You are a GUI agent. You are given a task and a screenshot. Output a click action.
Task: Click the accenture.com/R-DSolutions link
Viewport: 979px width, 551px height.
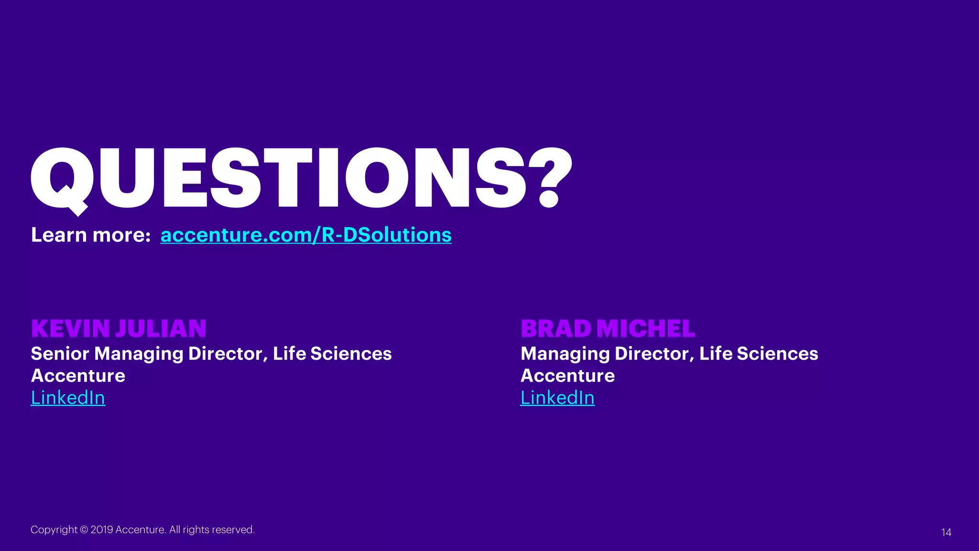click(x=306, y=235)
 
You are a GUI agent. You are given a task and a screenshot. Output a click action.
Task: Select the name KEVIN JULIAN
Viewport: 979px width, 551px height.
click(x=119, y=329)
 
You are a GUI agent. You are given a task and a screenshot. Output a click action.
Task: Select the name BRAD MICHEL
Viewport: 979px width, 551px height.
click(x=608, y=329)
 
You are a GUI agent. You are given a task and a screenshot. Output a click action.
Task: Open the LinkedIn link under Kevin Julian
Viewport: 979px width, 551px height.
click(x=68, y=398)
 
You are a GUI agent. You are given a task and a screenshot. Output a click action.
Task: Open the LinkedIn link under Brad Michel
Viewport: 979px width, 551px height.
click(x=557, y=398)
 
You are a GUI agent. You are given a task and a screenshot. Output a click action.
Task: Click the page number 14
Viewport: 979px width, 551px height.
click(x=946, y=532)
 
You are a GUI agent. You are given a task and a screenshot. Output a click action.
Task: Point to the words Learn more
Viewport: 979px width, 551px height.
click(x=91, y=235)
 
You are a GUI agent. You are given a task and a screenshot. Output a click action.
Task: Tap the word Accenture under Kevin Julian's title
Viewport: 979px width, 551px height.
click(x=78, y=376)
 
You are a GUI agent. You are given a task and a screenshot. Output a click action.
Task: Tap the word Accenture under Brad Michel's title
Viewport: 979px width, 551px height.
click(x=567, y=376)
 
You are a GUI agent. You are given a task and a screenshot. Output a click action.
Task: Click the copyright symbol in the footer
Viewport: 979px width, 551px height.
click(x=84, y=530)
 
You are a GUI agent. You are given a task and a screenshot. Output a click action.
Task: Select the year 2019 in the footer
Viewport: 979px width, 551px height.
click(x=102, y=530)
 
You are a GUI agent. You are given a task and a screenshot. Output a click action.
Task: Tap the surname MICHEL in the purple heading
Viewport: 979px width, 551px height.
click(x=646, y=329)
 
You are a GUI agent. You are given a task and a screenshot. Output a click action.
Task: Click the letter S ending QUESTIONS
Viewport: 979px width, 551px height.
click(x=500, y=178)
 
